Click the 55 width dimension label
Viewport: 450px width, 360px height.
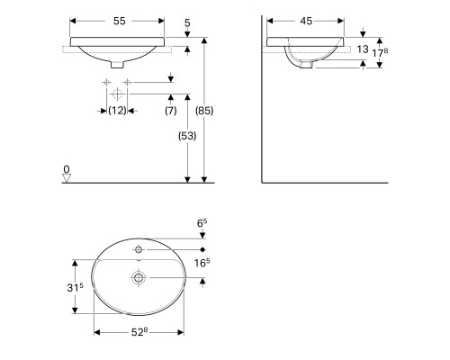119,21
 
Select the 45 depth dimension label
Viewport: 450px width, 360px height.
306,21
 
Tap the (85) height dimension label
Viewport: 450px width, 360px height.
204,111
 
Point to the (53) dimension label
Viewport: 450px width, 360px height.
187,136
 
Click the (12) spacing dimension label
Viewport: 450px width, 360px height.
117,111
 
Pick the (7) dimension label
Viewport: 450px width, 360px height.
171,111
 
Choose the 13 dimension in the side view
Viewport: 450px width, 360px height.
363,49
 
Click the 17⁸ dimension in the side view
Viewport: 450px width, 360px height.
380,53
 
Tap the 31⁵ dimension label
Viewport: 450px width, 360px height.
75,287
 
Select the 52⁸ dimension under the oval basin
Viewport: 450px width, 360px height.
139,332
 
